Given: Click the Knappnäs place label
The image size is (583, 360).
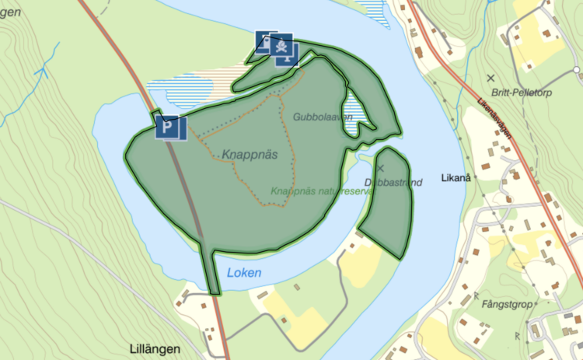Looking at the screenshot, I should tap(250, 154).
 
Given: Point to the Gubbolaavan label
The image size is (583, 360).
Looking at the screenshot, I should tap(323, 117).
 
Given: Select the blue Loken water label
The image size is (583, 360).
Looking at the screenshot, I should tap(244, 273).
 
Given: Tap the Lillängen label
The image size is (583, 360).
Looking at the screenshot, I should tap(155, 348).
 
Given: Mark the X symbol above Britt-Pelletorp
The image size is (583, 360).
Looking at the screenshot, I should tap(490, 78).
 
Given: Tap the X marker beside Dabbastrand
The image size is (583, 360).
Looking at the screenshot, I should tap(381, 168).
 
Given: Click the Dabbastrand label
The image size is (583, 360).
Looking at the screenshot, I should tap(393, 183).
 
